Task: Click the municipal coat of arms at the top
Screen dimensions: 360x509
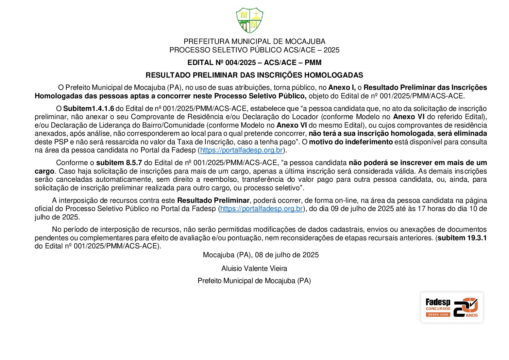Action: [250, 21]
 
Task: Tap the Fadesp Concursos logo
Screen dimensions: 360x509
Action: [452, 307]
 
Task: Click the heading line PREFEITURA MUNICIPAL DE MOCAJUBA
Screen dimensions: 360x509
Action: [254, 42]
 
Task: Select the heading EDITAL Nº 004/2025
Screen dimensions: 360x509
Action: [254, 63]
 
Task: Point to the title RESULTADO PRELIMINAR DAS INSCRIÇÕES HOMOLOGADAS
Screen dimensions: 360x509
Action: [254, 75]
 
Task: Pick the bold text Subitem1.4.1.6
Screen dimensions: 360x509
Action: [88, 109]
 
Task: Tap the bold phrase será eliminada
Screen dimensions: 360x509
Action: [462, 134]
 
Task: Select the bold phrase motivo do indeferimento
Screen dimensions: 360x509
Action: [351, 142]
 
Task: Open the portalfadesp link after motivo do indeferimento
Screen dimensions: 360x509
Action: [241, 150]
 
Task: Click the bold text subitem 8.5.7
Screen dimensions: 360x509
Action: [119, 163]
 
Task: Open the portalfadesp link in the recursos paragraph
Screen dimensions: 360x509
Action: [261, 209]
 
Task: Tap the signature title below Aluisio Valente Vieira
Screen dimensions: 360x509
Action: [254, 281]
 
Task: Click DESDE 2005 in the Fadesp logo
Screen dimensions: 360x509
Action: [438, 315]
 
